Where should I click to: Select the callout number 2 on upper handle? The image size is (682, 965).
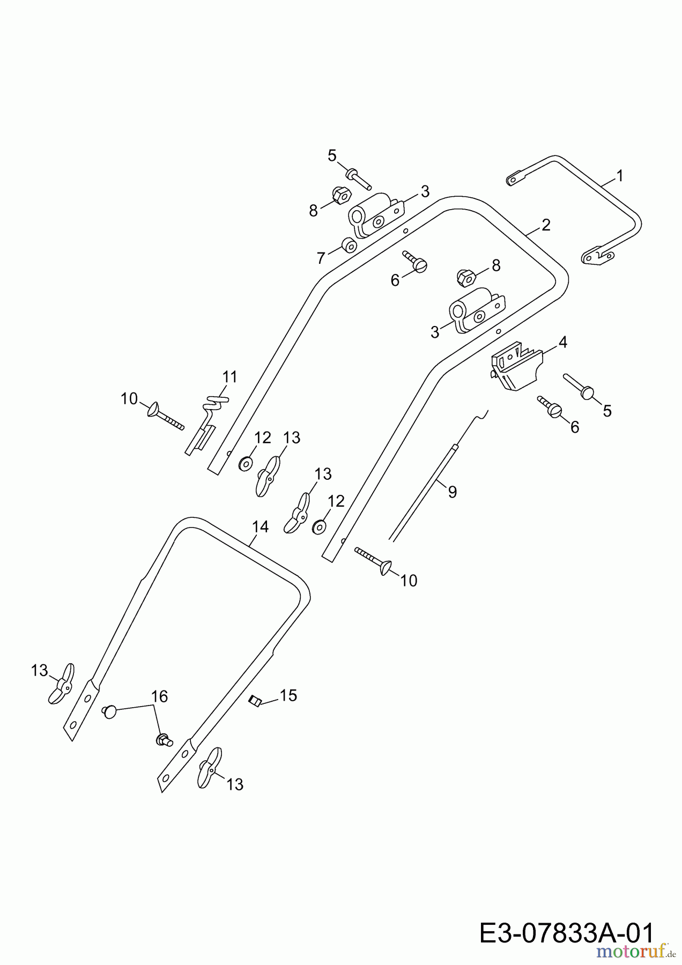click(x=546, y=225)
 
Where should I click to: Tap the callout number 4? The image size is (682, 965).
click(x=562, y=342)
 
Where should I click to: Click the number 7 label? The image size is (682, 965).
click(x=321, y=258)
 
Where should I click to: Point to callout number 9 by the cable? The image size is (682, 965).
click(x=452, y=492)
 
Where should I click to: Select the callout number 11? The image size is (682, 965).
click(x=229, y=377)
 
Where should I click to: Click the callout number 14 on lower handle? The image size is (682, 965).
click(x=260, y=528)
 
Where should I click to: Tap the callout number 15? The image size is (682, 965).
click(x=288, y=696)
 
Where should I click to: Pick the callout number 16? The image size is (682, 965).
click(x=160, y=696)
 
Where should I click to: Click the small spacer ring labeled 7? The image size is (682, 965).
click(x=350, y=246)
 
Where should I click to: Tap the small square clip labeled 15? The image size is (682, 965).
click(x=255, y=700)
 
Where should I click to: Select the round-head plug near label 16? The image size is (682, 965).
click(x=110, y=712)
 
